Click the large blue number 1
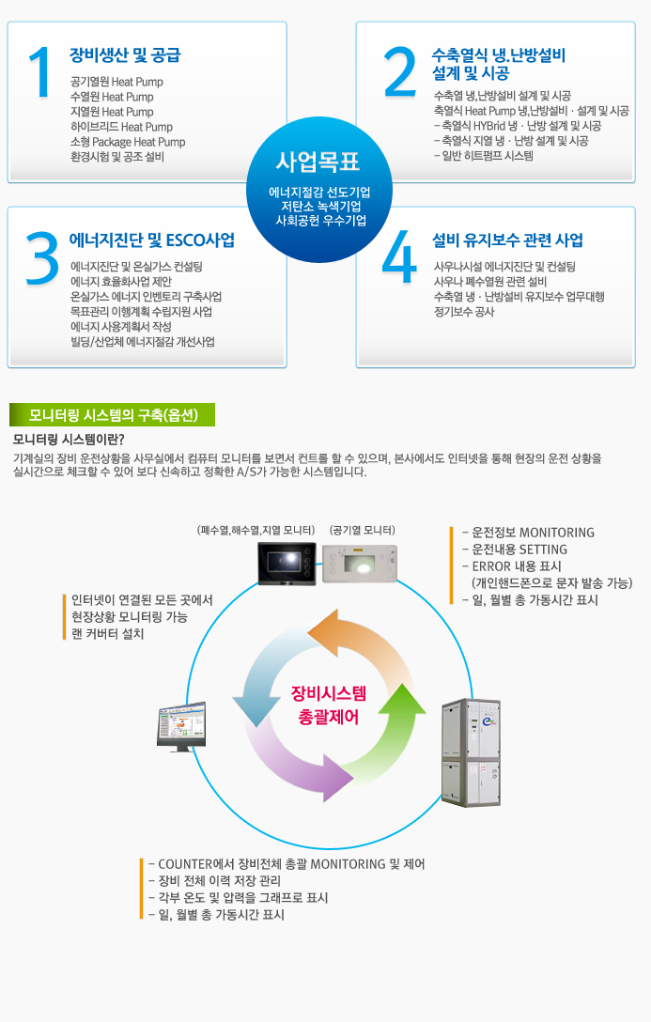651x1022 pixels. point(39,72)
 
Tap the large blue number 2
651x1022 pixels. point(400,70)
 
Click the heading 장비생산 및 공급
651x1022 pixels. point(125,55)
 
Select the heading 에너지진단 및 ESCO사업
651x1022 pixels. point(152,240)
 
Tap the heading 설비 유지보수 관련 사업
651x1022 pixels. point(507,240)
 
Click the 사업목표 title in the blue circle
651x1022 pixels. point(318,160)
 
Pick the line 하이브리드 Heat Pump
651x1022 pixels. point(121,127)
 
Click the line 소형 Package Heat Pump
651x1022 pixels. point(128,142)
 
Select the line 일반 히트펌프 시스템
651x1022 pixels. point(484,156)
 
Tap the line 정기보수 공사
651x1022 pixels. point(464,312)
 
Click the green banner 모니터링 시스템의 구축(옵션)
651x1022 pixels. point(112,414)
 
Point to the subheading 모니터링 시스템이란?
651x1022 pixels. point(69,439)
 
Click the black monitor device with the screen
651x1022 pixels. point(287,564)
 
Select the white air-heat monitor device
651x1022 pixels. point(360,564)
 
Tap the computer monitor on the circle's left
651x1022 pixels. point(180,726)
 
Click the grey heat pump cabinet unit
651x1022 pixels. point(471,751)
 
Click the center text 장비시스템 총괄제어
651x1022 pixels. point(328,705)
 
